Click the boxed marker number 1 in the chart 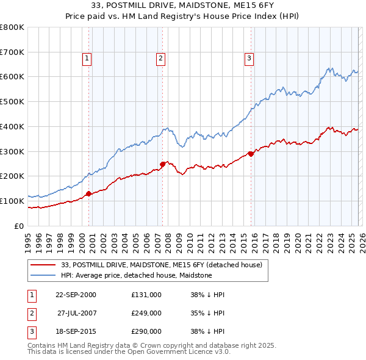87,59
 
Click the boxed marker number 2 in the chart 160,59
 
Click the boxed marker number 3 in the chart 249,59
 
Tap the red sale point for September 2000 88,193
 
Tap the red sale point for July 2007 163,164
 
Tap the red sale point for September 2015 251,154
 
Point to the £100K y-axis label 12,201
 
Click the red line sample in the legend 43,265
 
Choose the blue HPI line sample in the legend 43,275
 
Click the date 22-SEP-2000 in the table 76,295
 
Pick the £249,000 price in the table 146,313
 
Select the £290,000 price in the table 146,331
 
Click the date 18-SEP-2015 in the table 76,331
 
